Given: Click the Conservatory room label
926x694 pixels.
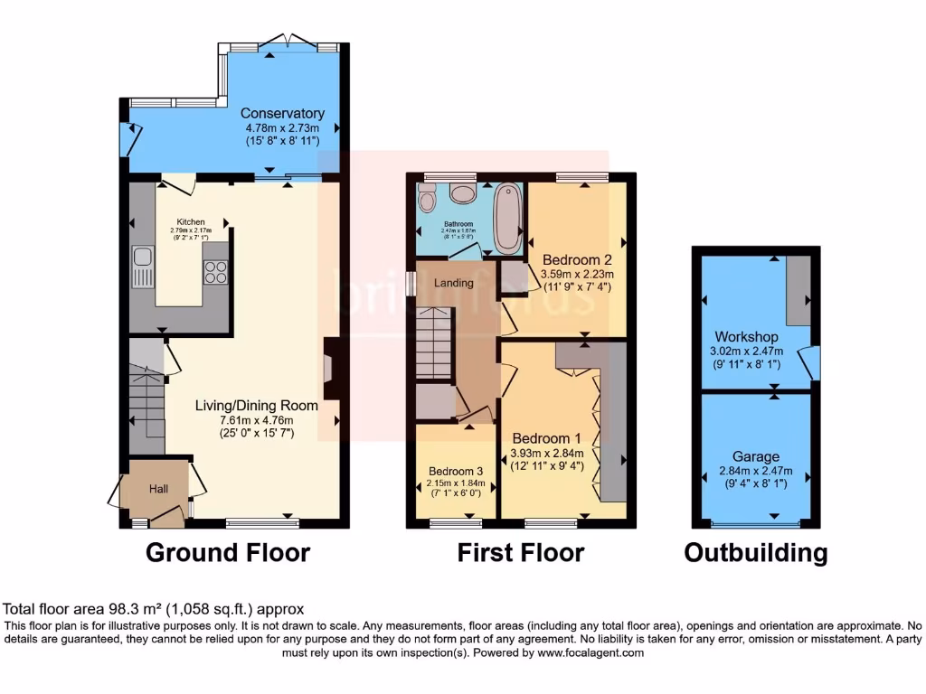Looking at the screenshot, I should click(x=282, y=114).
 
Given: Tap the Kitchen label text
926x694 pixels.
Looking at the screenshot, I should click(x=191, y=221).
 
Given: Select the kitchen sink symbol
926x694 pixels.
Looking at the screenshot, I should click(x=143, y=266).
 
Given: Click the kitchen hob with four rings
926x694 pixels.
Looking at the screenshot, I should click(x=216, y=271).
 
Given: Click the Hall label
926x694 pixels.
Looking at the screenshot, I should click(x=158, y=489).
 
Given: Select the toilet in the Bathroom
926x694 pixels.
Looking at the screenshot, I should click(x=427, y=197).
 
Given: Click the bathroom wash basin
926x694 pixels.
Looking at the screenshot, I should click(x=463, y=193).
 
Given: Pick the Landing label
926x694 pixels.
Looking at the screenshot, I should click(x=454, y=283).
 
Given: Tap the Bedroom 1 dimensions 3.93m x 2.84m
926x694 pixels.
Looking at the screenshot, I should click(x=547, y=454).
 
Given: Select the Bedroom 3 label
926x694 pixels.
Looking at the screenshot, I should click(x=456, y=471).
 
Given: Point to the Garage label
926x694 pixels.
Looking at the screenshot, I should click(x=756, y=457).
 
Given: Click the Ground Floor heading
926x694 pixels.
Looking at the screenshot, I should click(x=228, y=552).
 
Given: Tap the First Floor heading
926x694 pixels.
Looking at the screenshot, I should click(x=521, y=552).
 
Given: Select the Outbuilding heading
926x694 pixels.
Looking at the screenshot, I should click(x=755, y=552).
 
